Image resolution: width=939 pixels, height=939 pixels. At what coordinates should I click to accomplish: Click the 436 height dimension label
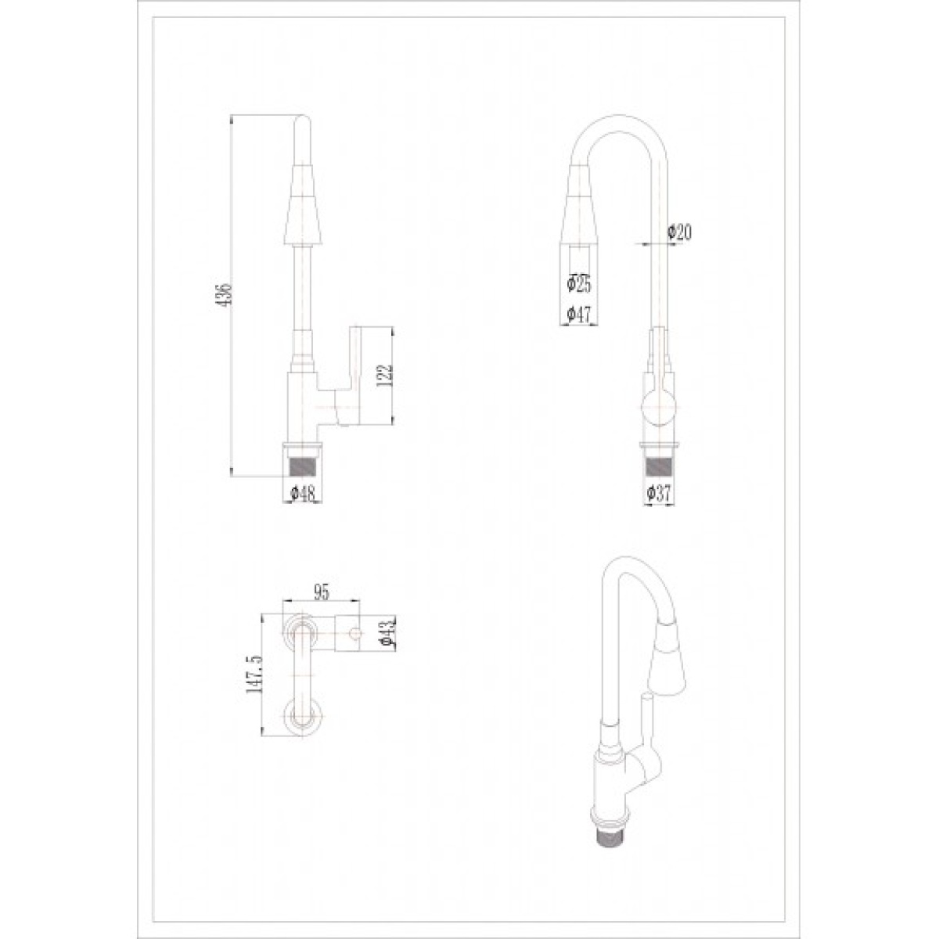point(226,294)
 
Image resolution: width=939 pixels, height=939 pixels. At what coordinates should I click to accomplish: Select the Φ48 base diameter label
point(303,494)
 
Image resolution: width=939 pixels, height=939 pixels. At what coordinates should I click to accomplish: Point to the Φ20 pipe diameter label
point(679,232)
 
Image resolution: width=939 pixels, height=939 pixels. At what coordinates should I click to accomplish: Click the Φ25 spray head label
point(579,283)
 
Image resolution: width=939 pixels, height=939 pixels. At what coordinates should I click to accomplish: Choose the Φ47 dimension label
point(579,314)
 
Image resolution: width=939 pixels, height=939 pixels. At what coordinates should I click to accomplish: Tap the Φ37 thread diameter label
point(660,494)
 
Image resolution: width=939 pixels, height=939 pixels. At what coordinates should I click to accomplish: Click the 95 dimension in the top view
point(321,592)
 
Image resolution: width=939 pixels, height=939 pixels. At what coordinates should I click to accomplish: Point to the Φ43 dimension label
point(388,633)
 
